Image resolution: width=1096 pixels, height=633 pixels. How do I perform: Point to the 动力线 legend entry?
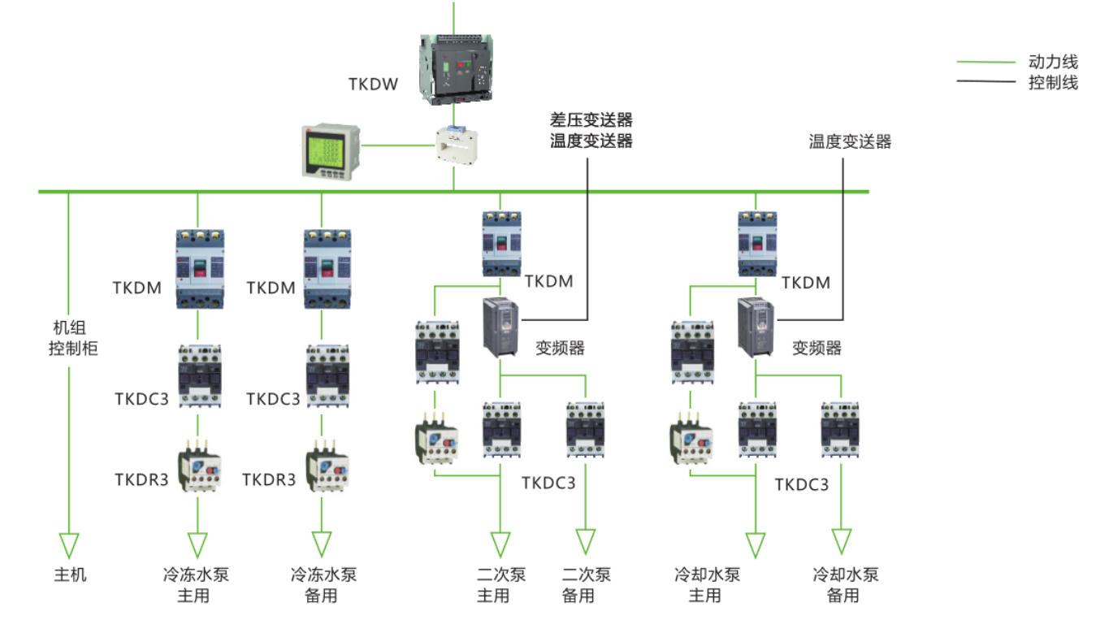[x=1053, y=62]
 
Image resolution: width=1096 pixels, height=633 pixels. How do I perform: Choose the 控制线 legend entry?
[x=1053, y=82]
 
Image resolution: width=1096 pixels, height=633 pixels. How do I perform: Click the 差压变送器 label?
[x=591, y=120]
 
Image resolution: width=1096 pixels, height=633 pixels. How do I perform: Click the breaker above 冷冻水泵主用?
[x=199, y=268]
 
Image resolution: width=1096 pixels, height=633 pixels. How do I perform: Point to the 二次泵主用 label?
[x=500, y=585]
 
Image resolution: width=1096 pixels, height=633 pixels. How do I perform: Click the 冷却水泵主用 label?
[x=707, y=585]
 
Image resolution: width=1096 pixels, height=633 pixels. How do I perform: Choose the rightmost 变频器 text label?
[x=817, y=349]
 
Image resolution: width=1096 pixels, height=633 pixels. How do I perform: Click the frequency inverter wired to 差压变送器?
[x=500, y=327]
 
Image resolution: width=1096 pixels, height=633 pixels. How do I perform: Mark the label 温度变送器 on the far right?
[x=850, y=142]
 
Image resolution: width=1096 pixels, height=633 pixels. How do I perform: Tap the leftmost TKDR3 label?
[x=141, y=479]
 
